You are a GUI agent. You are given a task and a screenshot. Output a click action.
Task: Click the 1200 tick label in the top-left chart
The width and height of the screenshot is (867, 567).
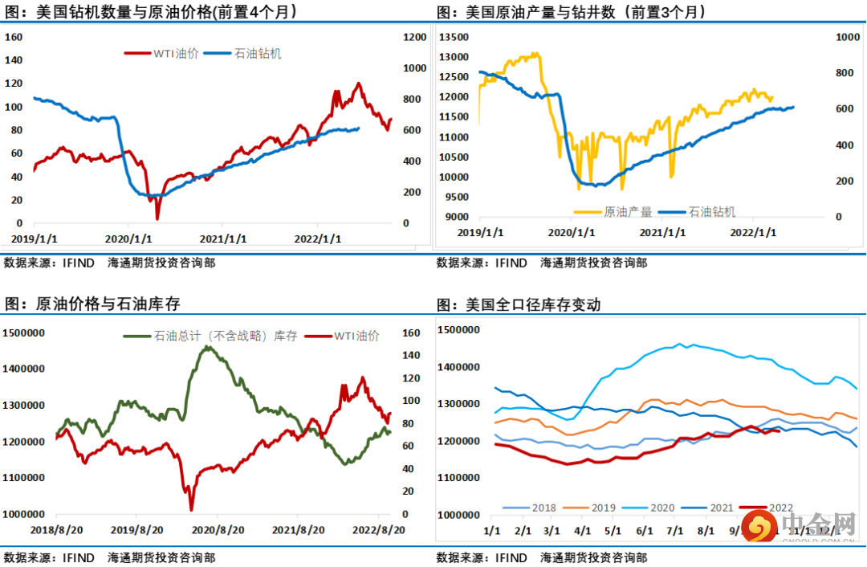click(x=414, y=37)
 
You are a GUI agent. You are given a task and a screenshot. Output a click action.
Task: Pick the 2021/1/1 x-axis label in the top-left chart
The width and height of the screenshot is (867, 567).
click(x=224, y=239)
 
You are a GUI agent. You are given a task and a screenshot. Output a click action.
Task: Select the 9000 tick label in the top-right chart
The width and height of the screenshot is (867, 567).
click(x=457, y=217)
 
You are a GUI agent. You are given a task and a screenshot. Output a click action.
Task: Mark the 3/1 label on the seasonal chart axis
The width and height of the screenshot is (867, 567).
click(x=552, y=531)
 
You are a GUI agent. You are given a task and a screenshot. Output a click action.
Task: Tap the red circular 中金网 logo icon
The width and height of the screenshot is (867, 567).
click(x=757, y=528)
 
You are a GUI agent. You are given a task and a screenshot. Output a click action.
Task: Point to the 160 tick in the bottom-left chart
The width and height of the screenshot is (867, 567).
click(x=409, y=332)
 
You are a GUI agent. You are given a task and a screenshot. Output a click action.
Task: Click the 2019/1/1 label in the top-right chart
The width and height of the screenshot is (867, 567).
click(x=481, y=233)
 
